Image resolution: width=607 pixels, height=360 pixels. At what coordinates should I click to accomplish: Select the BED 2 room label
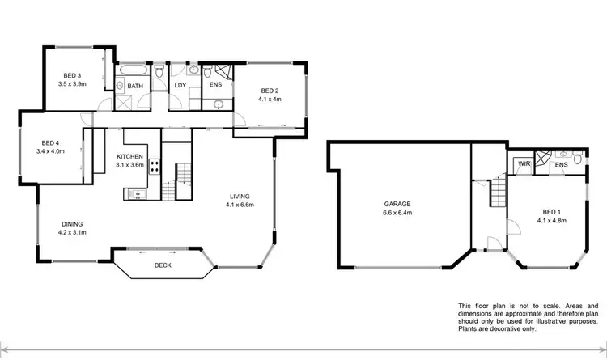tap(270, 91)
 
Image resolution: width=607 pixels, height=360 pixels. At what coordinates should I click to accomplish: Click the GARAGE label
tap(399, 204)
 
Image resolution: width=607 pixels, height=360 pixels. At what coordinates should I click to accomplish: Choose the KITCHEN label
tap(130, 156)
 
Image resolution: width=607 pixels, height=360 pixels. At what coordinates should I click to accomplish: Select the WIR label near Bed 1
tap(524, 165)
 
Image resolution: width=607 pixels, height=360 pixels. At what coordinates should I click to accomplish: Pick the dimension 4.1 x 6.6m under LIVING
tap(240, 205)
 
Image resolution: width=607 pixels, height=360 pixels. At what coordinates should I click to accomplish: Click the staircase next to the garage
tap(497, 193)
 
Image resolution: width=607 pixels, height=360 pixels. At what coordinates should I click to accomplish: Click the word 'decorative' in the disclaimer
tap(497, 328)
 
